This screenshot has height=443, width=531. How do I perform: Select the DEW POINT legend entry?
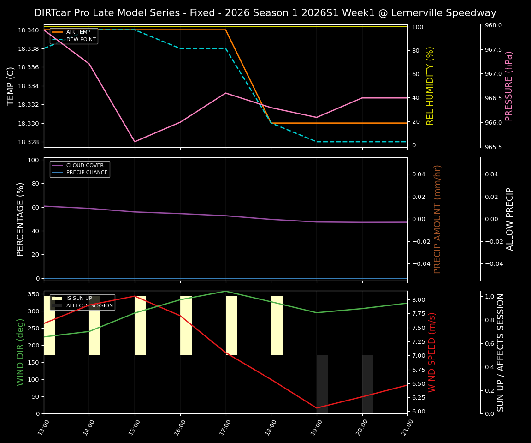pos(81,40)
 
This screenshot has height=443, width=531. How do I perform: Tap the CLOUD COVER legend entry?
pos(85,165)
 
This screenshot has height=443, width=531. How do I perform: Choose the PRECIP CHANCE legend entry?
pos(87,173)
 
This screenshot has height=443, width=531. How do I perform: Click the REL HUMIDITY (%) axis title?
pos(430,86)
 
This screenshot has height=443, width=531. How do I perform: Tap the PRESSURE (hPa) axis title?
pos(509,86)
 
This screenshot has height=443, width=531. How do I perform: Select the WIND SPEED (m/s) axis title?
pos(432,352)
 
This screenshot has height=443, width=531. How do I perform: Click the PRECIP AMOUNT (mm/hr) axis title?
pos(437,219)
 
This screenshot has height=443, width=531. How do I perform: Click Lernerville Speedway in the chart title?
pos(443,13)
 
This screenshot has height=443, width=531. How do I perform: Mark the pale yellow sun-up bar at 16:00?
pos(186,325)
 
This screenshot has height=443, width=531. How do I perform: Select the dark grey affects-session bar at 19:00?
pos(322,384)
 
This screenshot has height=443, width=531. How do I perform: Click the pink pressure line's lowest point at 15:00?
pos(135,142)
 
